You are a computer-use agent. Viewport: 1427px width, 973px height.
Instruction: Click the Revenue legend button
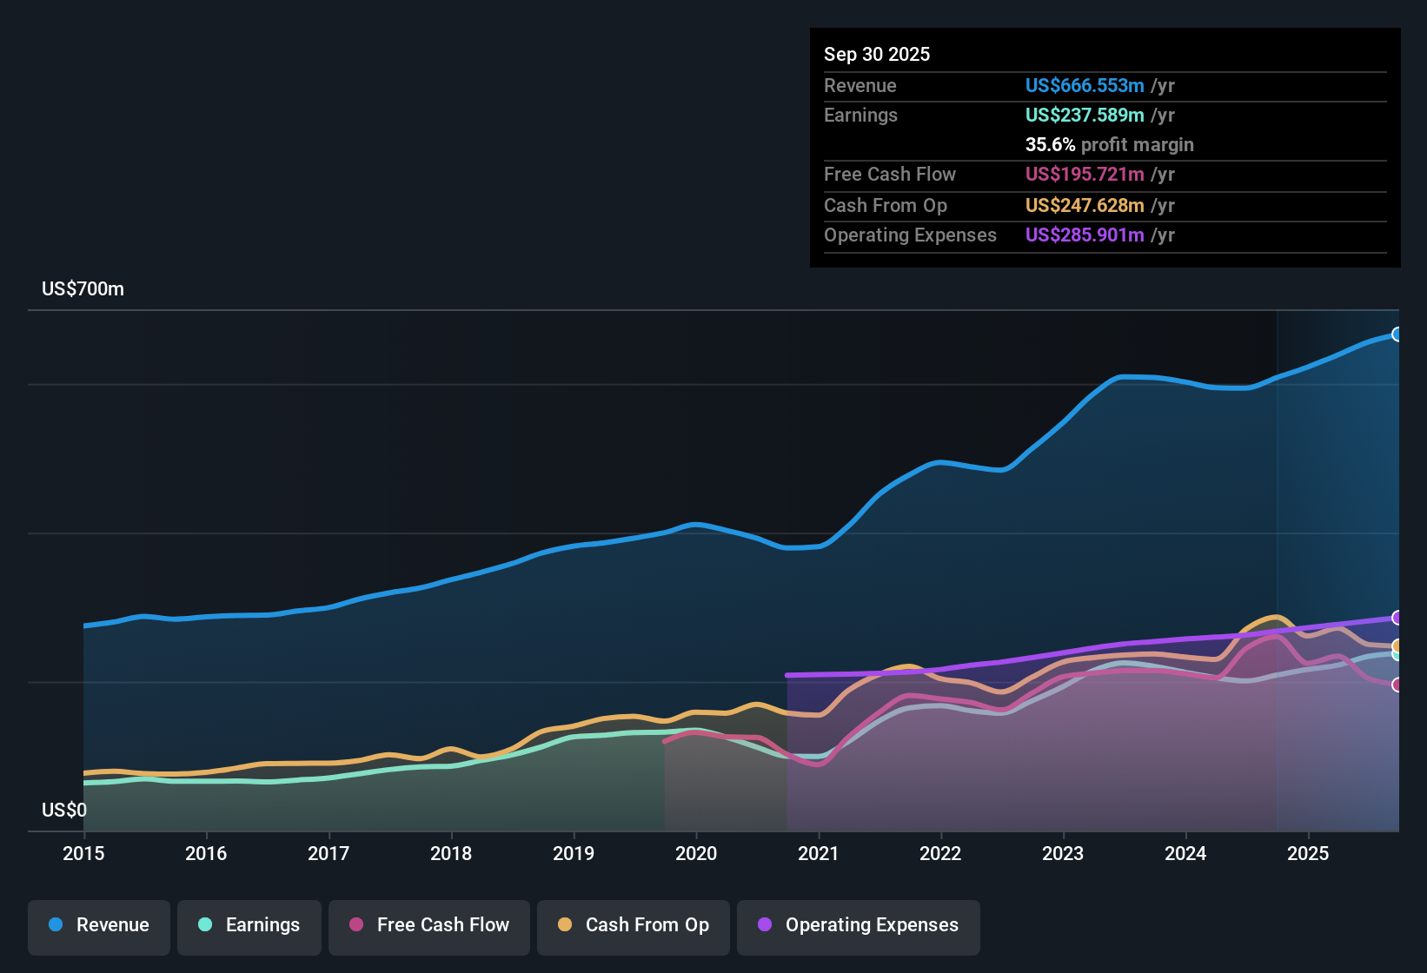99,925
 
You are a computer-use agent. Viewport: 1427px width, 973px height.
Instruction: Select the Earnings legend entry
249,925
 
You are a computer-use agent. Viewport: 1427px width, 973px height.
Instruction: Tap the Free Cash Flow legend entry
429,925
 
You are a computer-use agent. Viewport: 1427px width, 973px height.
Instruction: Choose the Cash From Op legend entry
634,925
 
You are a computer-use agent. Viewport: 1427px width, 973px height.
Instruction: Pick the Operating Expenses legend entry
859,925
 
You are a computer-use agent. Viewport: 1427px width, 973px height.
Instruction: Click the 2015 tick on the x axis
83,853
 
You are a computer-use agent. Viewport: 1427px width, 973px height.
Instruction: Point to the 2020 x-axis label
696,853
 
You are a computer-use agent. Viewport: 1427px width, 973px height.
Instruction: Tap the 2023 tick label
1063,853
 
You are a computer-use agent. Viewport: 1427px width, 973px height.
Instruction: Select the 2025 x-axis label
1308,853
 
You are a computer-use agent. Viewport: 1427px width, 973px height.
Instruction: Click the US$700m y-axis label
83,289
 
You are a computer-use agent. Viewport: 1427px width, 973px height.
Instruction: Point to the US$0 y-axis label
64,811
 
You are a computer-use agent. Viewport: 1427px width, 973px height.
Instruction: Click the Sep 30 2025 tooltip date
877,54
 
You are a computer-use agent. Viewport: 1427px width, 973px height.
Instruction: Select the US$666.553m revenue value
1085,85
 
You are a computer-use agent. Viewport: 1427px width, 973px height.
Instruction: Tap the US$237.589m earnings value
1085,115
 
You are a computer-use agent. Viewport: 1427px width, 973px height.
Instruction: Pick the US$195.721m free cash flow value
1085,174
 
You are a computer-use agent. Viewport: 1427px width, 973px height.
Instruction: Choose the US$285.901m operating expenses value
1085,235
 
